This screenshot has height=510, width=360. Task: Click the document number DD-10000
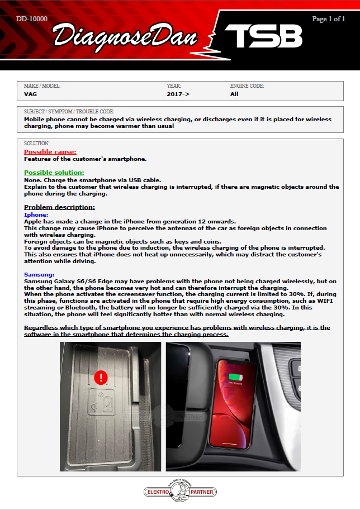tap(32, 19)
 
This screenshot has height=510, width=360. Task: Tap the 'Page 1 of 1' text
tap(329, 19)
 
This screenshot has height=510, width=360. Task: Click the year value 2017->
tap(178, 94)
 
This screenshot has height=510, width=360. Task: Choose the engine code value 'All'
tap(234, 94)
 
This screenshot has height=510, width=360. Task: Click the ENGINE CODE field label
tap(247, 86)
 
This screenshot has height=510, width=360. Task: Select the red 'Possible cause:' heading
tap(50, 152)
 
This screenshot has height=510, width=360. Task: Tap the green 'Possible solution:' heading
tap(54, 173)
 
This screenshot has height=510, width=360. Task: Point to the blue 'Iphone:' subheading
tap(36, 215)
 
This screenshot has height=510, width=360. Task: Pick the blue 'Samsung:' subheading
tap(39, 274)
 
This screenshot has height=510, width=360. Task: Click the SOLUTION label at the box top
tap(37, 144)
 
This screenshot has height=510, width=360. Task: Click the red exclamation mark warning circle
tap(101, 378)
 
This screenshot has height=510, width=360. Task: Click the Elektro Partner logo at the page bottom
tap(180, 490)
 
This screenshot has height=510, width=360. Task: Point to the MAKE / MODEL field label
tap(42, 86)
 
